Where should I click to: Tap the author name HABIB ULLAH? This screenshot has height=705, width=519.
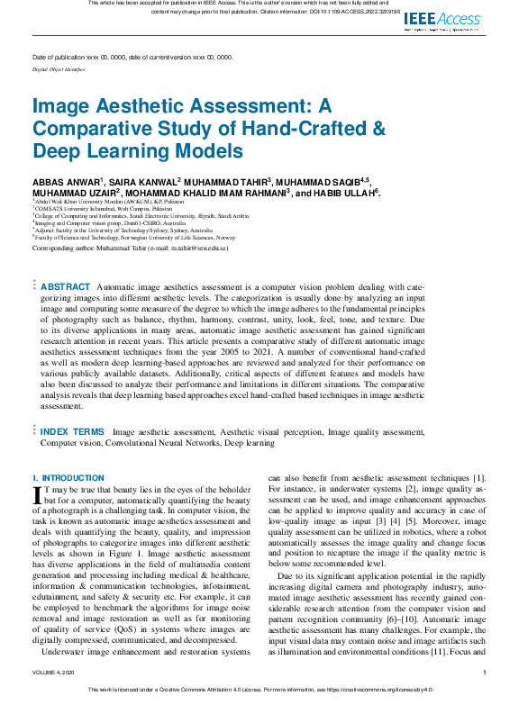[x=347, y=193]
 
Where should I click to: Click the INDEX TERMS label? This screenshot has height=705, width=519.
[x=72, y=432]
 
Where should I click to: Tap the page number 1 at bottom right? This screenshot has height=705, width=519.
[x=485, y=673]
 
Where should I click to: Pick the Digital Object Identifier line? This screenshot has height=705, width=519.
[x=59, y=68]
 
